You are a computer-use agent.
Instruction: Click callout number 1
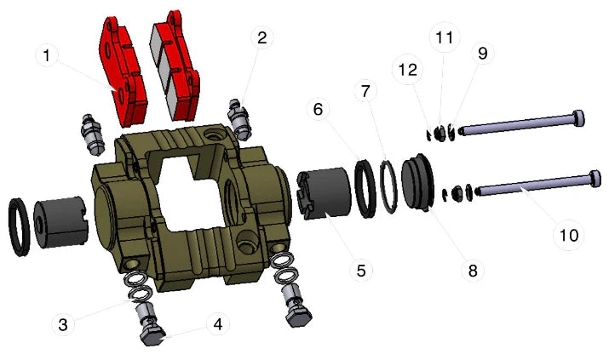(x=47, y=57)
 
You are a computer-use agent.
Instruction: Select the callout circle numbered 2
(x=261, y=37)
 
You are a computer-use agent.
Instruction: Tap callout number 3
(x=63, y=323)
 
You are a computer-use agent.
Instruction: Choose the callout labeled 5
(x=361, y=271)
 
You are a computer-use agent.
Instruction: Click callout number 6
(x=318, y=110)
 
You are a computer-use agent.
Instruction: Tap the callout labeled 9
(x=483, y=53)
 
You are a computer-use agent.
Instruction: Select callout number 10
(x=568, y=233)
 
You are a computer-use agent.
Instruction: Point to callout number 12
(x=408, y=70)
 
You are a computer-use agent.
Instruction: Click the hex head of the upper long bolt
(x=578, y=118)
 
